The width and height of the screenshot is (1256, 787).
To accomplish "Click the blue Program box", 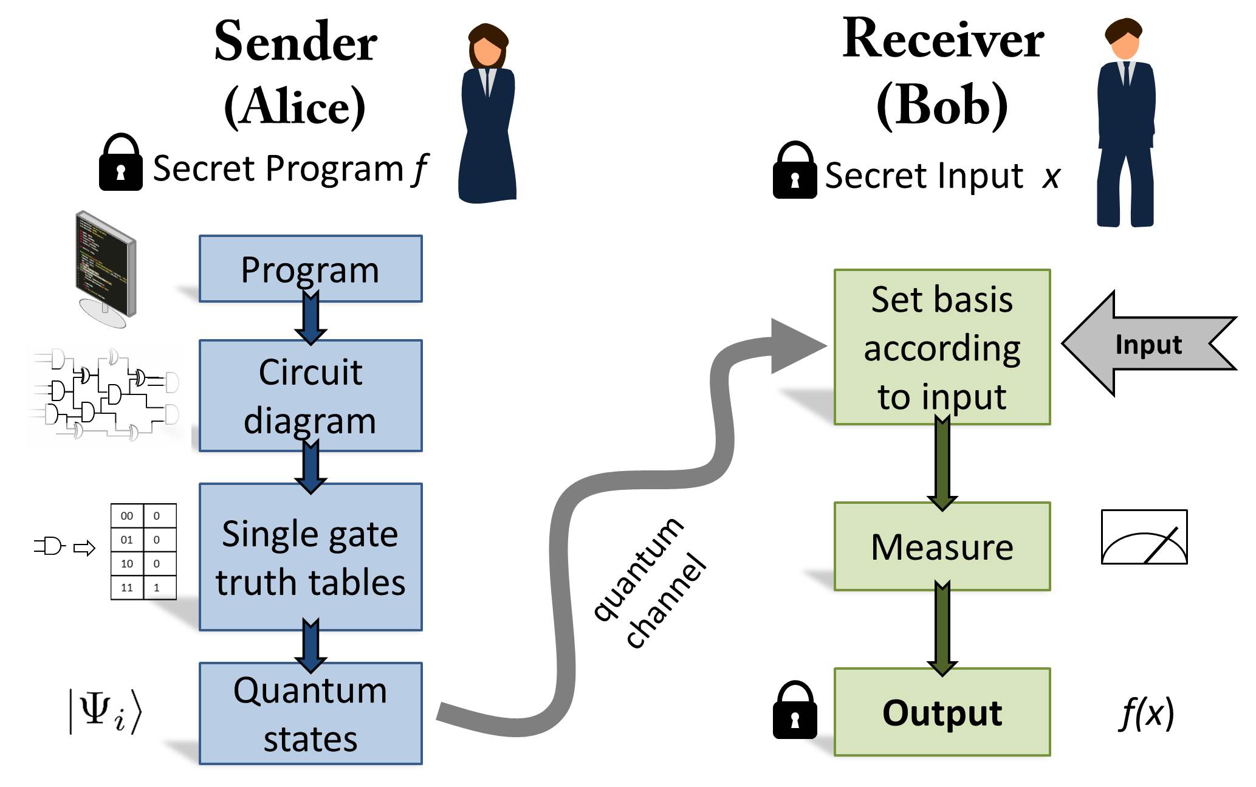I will tap(311, 269).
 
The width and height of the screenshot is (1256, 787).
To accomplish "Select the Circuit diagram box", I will tap(311, 396).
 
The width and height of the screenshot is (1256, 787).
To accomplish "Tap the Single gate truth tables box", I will tap(311, 557).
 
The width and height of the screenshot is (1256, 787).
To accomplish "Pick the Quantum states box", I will tap(311, 713).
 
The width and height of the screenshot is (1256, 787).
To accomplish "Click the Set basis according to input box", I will tap(942, 347).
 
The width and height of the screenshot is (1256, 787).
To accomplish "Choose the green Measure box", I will tap(942, 546).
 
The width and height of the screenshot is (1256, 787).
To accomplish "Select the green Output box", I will tap(942, 712).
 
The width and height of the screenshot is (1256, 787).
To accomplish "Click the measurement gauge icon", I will tap(1144, 537).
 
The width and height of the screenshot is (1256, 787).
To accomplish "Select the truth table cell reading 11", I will tap(127, 588).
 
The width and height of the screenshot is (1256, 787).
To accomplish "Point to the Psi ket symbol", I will tap(105, 710).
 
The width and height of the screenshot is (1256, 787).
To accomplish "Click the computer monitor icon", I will tap(106, 267).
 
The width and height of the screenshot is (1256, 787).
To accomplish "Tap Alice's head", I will tap(487, 46).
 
